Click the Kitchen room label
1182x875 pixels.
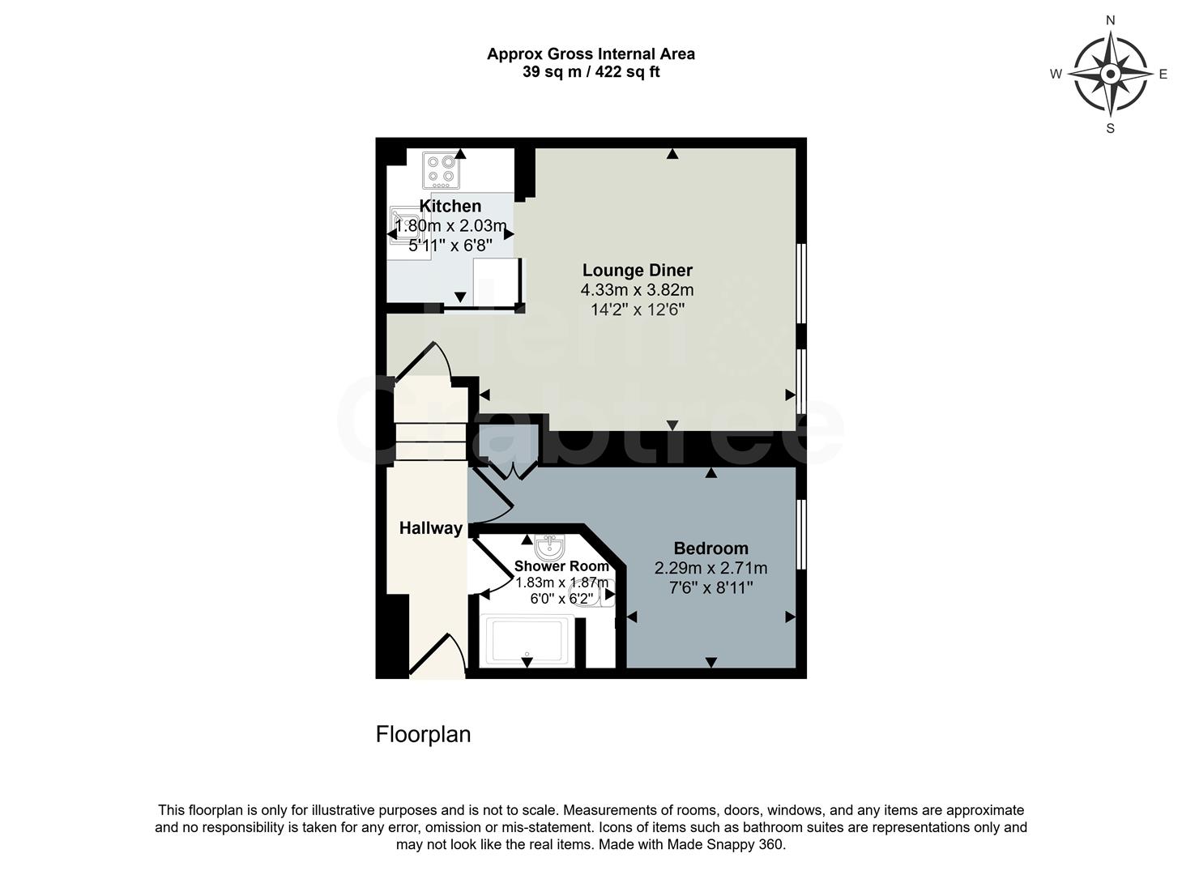pyautogui.click(x=450, y=206)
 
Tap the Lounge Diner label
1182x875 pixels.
pyautogui.click(x=638, y=271)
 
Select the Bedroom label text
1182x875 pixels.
pyautogui.click(x=710, y=548)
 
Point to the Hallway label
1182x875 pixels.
pyautogui.click(x=430, y=528)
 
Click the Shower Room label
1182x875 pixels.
pyautogui.click(x=561, y=566)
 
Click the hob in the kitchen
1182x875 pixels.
pyautogui.click(x=441, y=170)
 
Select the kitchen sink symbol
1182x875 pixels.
pyautogui.click(x=403, y=225)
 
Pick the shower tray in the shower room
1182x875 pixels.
pyautogui.click(x=527, y=640)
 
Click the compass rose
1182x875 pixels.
pyautogui.click(x=1110, y=74)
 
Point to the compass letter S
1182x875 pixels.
pyautogui.click(x=1110, y=128)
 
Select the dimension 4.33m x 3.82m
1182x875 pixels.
pyautogui.click(x=637, y=290)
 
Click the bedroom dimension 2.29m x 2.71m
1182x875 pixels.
pyautogui.click(x=710, y=568)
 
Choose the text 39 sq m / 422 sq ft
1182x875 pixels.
pyautogui.click(x=591, y=72)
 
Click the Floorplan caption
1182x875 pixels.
pyautogui.click(x=423, y=734)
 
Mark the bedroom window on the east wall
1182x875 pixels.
pyautogui.click(x=800, y=535)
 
